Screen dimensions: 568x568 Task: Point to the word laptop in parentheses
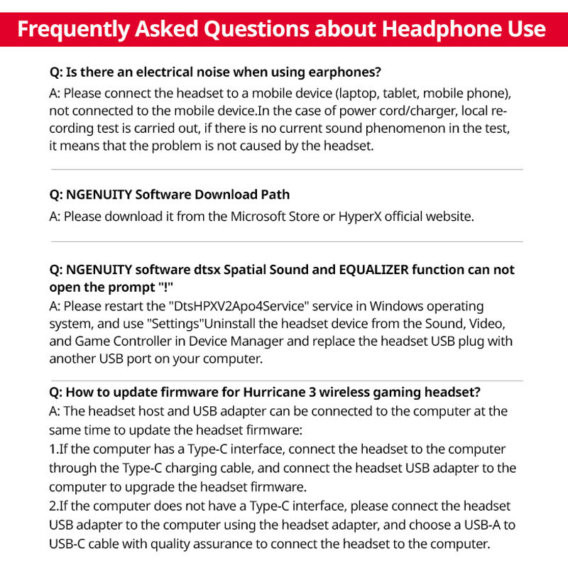[x=359, y=93]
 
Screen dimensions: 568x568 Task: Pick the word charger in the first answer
[x=409, y=111]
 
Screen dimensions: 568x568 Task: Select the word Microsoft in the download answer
[x=260, y=216]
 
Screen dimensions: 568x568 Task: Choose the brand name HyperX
[x=361, y=216]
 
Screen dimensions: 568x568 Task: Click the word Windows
[x=381, y=306]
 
